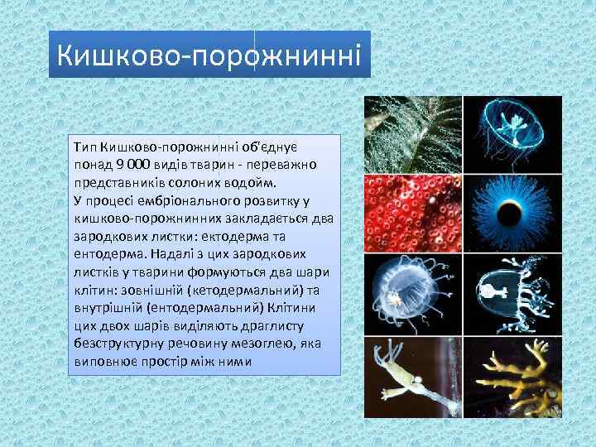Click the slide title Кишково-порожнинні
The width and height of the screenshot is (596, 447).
[x=209, y=55]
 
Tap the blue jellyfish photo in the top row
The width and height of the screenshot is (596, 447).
[x=511, y=132]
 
